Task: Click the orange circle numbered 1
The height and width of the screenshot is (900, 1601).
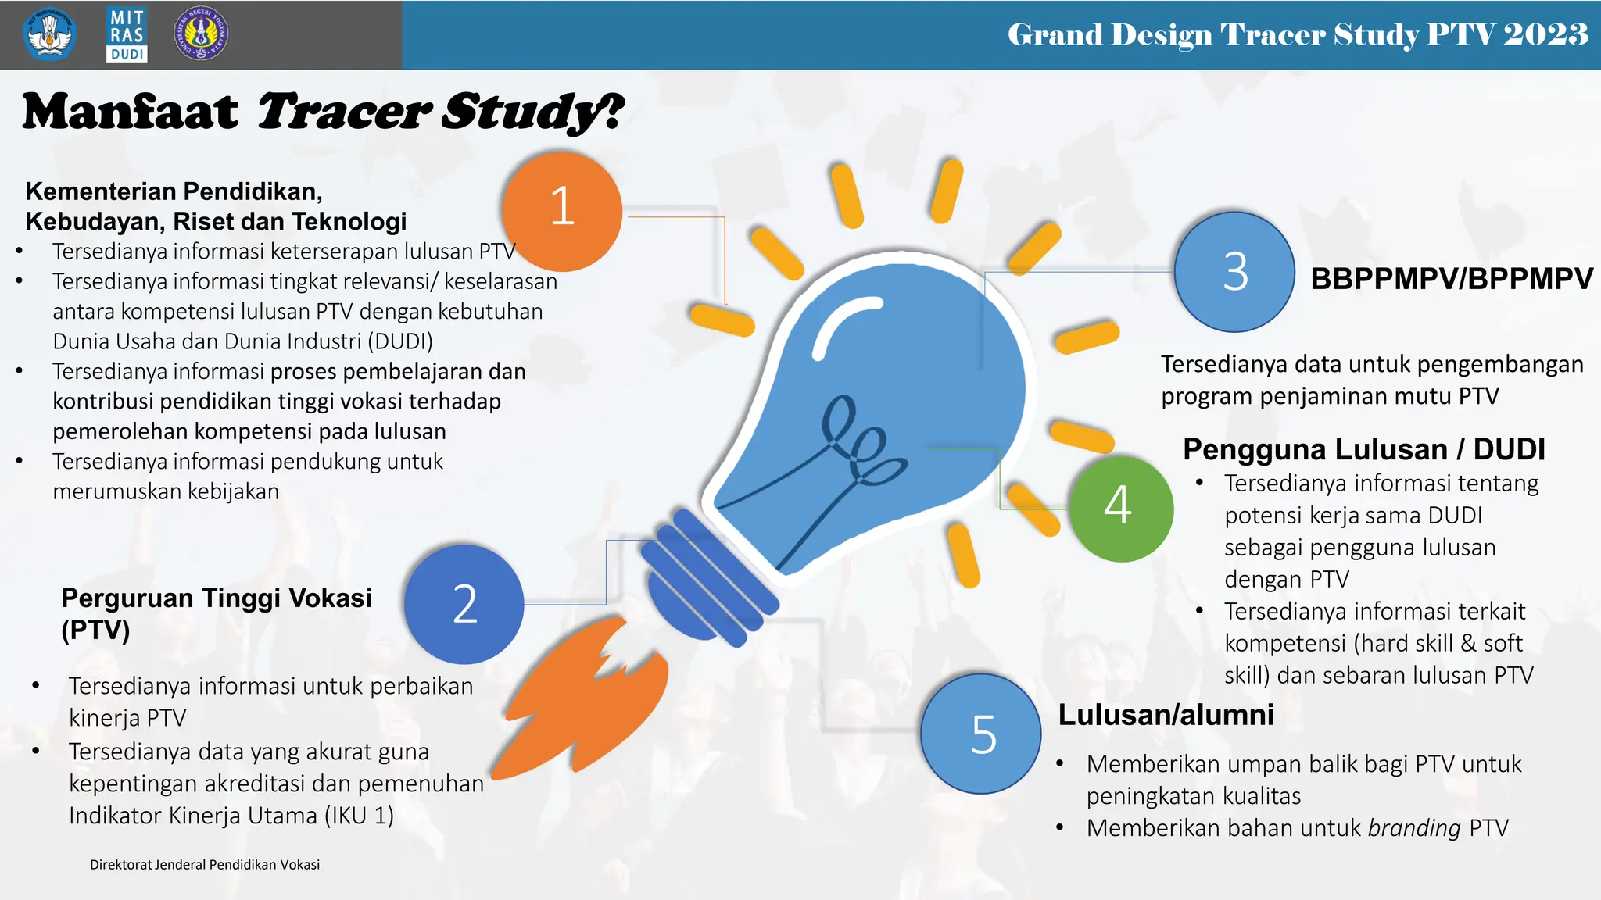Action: point(562,211)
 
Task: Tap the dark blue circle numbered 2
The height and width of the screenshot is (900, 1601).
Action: point(464,604)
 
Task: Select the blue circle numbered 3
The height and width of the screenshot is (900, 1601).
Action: point(1234,272)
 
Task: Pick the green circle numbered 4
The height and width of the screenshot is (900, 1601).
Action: point(1119,508)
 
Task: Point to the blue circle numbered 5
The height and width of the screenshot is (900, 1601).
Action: point(981,734)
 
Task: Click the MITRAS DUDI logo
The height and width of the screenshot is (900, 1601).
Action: point(127,34)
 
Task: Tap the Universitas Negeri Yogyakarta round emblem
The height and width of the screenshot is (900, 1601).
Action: point(201,34)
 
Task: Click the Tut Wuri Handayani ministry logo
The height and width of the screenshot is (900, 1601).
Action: point(50,34)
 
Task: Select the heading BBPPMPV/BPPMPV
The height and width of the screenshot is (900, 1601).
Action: point(1452,279)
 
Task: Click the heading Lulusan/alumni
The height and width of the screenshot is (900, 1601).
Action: point(1166,715)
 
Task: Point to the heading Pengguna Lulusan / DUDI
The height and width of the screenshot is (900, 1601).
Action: point(1363,449)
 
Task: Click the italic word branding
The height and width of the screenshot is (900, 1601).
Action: point(1413,828)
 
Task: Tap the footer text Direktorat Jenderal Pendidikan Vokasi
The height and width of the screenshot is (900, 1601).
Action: point(205,865)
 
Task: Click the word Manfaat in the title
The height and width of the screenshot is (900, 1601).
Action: point(130,112)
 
